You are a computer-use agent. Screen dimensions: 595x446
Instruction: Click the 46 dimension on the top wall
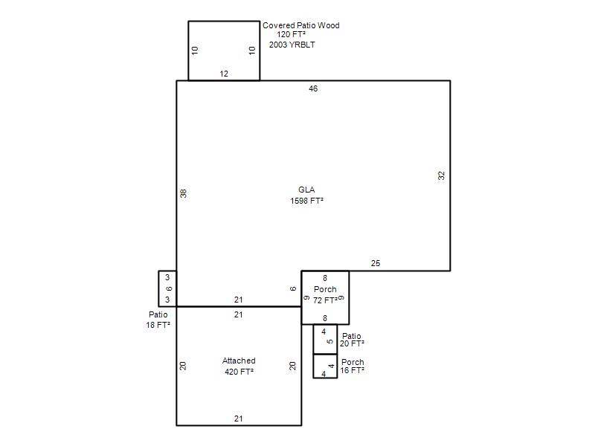point(313,88)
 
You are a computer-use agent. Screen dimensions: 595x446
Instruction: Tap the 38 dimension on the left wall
point(183,193)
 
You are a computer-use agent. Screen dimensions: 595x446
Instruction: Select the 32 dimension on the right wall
point(441,175)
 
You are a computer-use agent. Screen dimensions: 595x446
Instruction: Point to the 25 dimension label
point(376,263)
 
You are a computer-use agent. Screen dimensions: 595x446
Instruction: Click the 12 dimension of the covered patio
point(224,74)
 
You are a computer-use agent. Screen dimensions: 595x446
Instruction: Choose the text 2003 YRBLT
point(292,45)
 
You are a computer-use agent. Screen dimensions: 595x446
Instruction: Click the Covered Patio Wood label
point(301,25)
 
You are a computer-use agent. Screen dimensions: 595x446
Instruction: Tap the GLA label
point(306,190)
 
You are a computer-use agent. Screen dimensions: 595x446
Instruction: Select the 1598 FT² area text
point(306,201)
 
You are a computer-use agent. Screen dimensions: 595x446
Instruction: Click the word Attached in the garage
point(239,361)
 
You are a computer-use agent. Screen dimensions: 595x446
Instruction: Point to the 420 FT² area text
point(239,372)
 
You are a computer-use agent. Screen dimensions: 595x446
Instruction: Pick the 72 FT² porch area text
point(325,300)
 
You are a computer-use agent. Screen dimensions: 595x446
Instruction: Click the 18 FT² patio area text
point(158,325)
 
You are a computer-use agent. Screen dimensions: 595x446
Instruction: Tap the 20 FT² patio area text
point(352,343)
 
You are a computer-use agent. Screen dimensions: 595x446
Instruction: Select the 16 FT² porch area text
point(352,370)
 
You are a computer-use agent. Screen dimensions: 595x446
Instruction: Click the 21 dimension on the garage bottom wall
point(238,418)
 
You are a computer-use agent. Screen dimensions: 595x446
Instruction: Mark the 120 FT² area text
point(291,34)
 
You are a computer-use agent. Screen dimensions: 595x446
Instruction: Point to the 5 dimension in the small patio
point(330,341)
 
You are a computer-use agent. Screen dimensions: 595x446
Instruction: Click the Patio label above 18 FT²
point(158,314)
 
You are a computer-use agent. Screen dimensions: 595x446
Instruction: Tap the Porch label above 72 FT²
point(325,289)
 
